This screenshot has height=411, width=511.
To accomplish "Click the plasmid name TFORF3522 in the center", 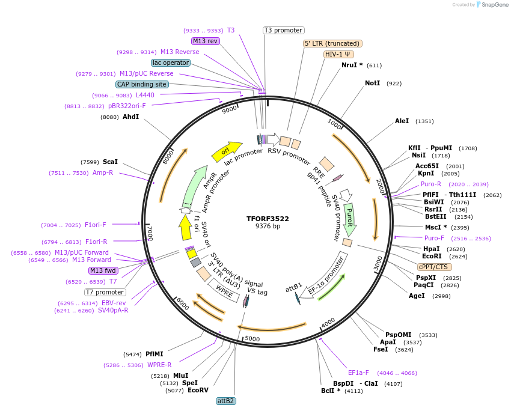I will [268, 219].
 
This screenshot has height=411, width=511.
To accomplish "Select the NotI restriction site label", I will [372, 83].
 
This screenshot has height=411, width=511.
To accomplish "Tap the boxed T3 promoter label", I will [284, 30].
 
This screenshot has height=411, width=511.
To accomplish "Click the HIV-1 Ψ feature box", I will [338, 54].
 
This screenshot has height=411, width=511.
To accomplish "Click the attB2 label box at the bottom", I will [226, 401].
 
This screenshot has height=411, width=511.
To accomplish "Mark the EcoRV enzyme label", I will [198, 391].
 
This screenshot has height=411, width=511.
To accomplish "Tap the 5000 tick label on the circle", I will [252, 339].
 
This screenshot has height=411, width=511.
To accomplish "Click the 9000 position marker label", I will [229, 110].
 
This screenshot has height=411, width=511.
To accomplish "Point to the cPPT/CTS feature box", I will [433, 267].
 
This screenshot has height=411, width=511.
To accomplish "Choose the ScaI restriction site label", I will [110, 162].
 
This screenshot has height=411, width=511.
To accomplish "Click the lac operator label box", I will [171, 62].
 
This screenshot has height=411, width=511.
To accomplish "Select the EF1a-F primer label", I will [358, 373].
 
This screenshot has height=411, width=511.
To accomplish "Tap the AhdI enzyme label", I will [130, 117].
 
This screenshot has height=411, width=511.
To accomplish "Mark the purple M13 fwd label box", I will [103, 270].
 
